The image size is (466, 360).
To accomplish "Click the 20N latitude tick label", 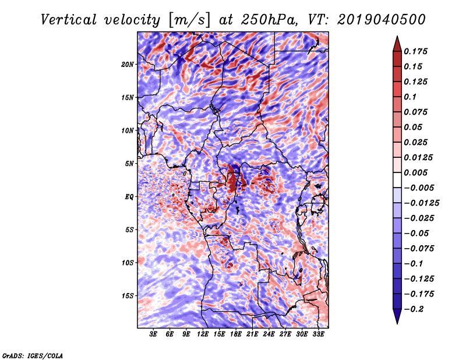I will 128,64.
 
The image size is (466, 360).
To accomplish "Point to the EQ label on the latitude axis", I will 130,197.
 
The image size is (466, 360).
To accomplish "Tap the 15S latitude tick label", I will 128,296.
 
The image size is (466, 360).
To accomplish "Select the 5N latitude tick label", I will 130,164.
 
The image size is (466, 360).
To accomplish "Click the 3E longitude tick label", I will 154,335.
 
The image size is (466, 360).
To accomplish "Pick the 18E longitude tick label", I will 236,335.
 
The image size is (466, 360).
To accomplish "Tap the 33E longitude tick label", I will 319,335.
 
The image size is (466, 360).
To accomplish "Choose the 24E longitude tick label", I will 269,335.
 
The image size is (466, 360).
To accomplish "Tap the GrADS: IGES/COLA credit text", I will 32,355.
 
